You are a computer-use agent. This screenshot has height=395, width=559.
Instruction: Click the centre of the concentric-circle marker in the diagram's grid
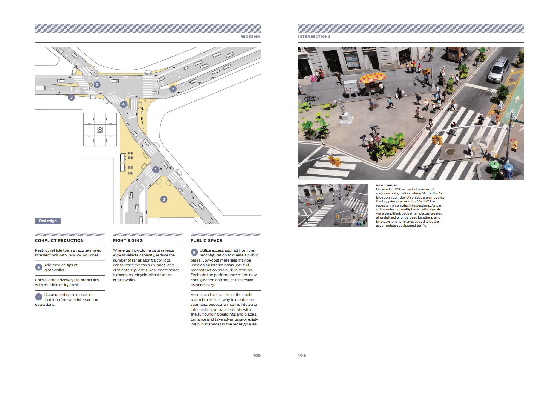(x=100, y=130)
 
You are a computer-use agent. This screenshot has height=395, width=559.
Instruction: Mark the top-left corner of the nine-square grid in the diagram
(x=83, y=113)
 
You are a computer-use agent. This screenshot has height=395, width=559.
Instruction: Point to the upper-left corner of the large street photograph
(x=298, y=47)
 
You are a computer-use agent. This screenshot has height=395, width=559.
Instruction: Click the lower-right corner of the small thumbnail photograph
(x=368, y=227)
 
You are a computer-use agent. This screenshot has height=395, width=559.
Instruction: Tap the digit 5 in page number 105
(x=259, y=355)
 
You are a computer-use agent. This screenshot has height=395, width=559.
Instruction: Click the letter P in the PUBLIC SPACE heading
(x=192, y=240)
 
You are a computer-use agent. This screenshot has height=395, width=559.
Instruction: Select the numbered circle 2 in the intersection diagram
(x=97, y=85)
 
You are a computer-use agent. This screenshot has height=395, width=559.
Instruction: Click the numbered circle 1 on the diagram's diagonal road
(x=156, y=170)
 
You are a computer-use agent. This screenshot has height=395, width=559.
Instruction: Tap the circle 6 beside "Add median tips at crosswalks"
(x=39, y=268)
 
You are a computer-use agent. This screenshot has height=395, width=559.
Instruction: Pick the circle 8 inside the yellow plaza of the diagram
(x=164, y=199)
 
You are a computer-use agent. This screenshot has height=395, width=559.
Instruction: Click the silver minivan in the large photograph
(x=498, y=70)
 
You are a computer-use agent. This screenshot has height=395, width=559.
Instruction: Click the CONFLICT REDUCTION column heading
(x=59, y=240)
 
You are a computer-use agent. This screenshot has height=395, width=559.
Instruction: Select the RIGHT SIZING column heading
(x=128, y=240)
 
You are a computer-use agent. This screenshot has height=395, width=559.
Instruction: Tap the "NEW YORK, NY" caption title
(x=387, y=185)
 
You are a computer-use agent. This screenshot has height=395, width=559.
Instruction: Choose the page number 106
(x=302, y=355)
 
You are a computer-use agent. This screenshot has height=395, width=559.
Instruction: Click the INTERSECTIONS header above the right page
(x=314, y=36)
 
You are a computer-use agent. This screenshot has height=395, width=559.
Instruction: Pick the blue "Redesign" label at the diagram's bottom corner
(x=48, y=221)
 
